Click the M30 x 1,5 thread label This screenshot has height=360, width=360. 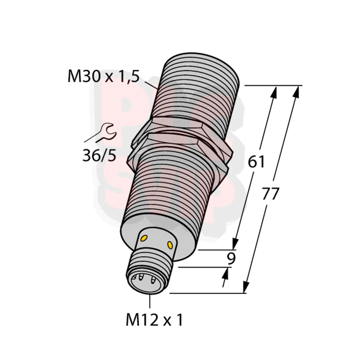click(103, 76)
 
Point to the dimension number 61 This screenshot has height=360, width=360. click(256, 162)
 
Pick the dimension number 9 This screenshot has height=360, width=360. click(231, 259)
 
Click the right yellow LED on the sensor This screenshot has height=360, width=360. click(171, 245)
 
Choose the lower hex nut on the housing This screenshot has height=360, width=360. click(180, 146)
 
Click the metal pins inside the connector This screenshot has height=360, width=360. click(143, 280)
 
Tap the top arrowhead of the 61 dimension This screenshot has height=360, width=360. click(275, 91)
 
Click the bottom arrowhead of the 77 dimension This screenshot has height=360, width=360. click(246, 287)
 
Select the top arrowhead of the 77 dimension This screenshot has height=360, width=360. click(298, 91)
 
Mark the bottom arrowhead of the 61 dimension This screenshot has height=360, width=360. click(236, 243)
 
